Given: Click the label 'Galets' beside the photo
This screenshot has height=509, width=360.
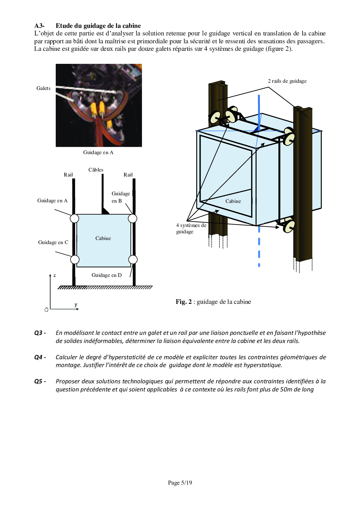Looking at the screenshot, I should coord(43,88).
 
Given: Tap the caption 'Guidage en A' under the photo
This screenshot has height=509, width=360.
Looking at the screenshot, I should coord(98,152).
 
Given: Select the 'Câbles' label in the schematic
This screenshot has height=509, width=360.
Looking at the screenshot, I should coord(96,170).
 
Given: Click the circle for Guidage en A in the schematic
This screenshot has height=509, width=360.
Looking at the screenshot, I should coord(75,218).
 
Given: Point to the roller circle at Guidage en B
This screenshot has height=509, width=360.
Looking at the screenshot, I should coord(133,218).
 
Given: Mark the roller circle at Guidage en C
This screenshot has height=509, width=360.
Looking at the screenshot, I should coord(75,259).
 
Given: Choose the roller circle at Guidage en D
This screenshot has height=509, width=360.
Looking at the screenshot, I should coord(133,259).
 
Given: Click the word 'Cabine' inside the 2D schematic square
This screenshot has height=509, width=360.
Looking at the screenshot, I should coord(103,238).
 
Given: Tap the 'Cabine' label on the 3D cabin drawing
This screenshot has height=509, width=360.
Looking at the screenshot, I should coord(233,201).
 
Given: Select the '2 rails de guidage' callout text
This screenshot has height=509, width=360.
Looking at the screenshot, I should coord(287,81).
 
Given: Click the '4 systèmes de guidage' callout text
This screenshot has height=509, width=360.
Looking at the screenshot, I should coord(191,228).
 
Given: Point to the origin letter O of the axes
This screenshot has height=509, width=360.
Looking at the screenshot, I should coord(46,310).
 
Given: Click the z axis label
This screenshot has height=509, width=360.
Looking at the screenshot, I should coord(55,275).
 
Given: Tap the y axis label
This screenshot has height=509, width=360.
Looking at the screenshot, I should coord(76,305).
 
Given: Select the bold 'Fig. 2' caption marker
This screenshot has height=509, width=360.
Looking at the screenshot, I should coord(183,302).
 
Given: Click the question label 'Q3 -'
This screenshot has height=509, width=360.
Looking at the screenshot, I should coord(40,333).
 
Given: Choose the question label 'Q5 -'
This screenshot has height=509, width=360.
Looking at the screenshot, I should coord(40,381).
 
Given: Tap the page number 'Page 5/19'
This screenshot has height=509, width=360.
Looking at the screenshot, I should coord(180,483).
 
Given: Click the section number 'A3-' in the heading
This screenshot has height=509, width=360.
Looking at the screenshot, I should coord(39,26).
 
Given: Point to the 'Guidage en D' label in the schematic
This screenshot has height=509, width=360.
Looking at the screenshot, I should coord(107,275).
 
